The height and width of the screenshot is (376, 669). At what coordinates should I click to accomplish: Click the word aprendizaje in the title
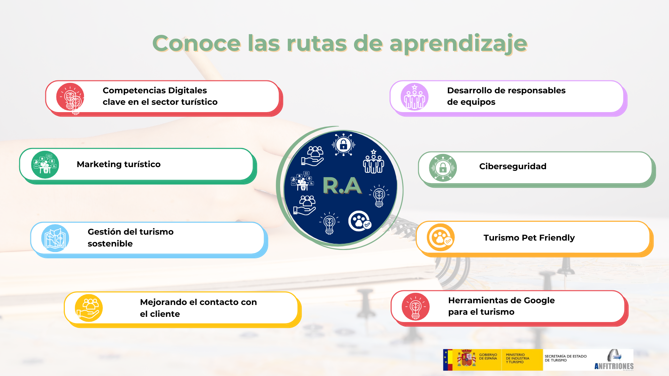(x=458, y=44)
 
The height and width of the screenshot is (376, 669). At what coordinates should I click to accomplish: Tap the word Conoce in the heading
(x=197, y=44)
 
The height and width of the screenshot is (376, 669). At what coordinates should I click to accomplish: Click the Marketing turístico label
(x=118, y=164)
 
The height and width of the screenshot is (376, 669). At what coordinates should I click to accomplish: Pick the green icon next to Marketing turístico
(x=45, y=165)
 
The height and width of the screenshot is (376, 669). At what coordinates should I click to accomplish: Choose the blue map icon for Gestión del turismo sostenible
(x=55, y=238)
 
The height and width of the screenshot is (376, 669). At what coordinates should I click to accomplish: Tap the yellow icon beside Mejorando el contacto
(x=89, y=308)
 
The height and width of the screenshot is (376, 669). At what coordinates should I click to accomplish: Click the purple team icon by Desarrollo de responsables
(x=415, y=97)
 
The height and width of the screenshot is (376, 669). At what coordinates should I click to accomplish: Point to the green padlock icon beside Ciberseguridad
(x=443, y=168)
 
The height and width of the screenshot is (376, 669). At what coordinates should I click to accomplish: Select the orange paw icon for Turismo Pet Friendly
(x=441, y=237)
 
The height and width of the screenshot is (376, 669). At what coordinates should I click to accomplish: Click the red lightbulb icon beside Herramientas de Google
(x=416, y=307)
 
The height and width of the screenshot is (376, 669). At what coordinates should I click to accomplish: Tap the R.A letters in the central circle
(x=342, y=186)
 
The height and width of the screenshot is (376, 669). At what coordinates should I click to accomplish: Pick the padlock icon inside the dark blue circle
(x=344, y=144)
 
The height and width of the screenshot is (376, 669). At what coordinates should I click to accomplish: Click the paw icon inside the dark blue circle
(x=360, y=221)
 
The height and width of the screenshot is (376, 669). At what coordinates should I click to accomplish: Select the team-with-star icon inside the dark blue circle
(x=374, y=162)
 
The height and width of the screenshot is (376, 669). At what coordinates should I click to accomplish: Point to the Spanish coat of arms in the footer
(x=467, y=359)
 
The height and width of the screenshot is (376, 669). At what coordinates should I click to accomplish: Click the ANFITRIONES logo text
(x=614, y=366)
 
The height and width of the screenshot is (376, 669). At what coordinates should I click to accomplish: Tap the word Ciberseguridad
(x=513, y=166)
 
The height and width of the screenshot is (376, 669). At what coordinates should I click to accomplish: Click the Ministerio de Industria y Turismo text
(x=517, y=359)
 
